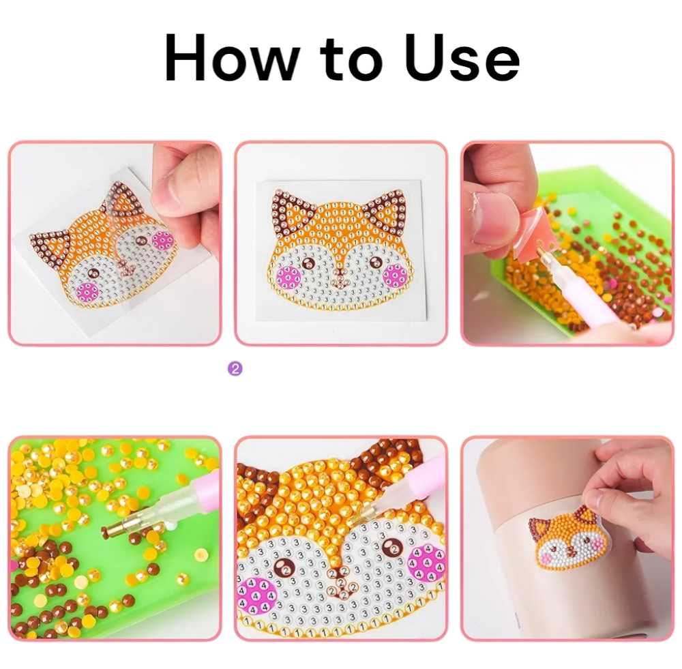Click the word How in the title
[232, 59]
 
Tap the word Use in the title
[462, 59]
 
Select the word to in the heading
[351, 60]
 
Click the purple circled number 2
[235, 369]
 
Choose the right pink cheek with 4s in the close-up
[427, 564]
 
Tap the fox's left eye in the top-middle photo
[308, 263]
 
